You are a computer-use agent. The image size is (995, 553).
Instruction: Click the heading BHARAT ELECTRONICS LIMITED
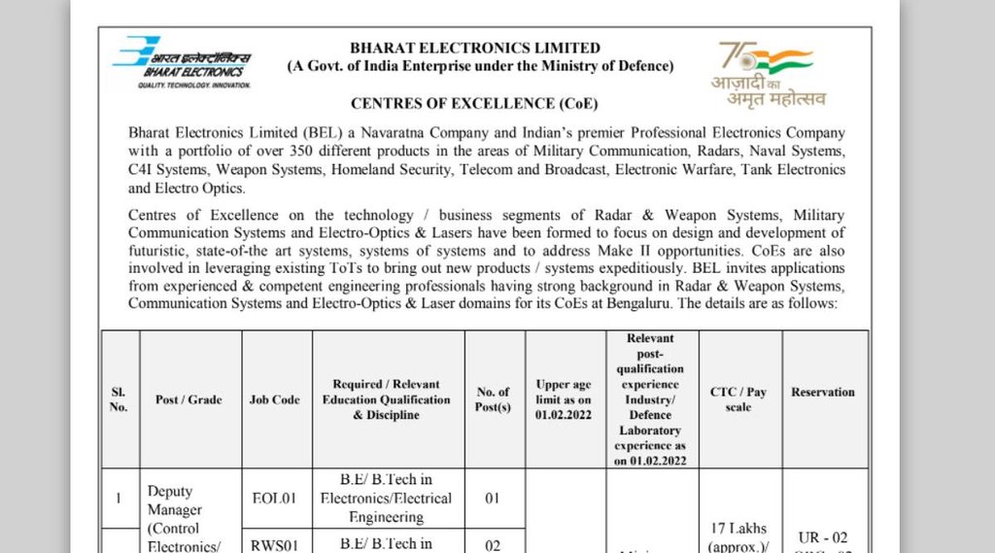(475, 48)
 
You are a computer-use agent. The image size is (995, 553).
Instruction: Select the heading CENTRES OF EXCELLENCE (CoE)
(474, 103)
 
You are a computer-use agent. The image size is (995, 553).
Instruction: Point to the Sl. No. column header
(119, 399)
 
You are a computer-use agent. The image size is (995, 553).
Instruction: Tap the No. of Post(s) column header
(494, 399)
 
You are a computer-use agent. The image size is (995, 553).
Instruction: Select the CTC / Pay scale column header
(738, 399)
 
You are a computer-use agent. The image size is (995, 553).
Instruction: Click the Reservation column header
(823, 392)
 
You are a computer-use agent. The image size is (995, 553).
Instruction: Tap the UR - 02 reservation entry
(823, 536)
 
